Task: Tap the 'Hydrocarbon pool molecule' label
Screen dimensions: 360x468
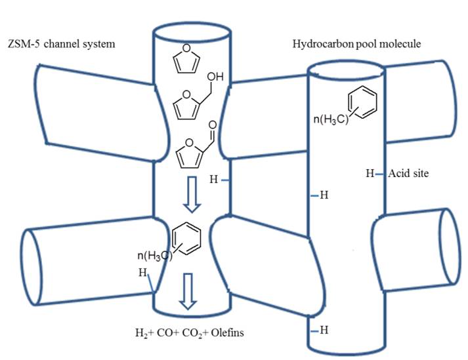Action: (356, 44)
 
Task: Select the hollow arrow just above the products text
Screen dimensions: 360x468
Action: (188, 292)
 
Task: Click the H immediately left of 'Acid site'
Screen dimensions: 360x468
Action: (370, 174)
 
